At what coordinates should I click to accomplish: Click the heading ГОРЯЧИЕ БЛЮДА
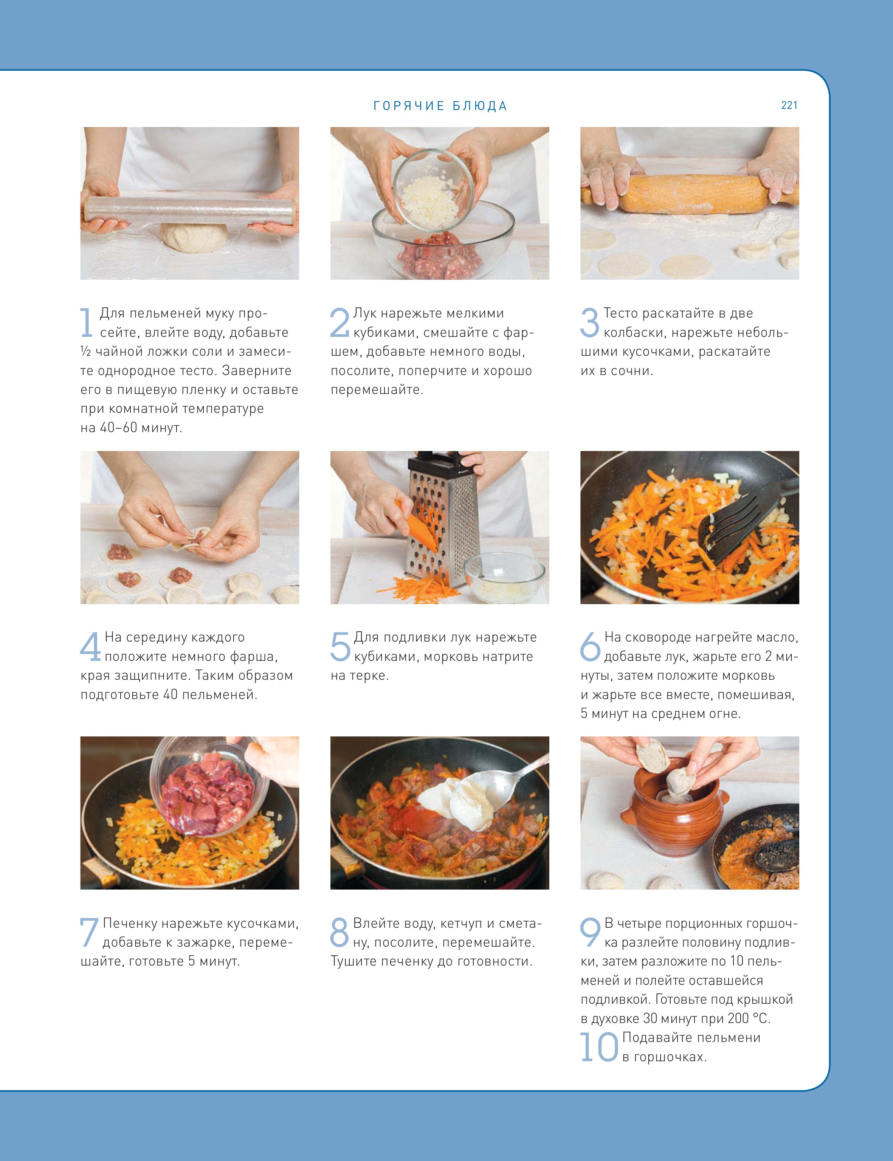pyautogui.click(x=440, y=106)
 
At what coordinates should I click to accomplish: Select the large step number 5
pyautogui.click(x=340, y=646)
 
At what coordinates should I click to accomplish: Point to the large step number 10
pyautogui.click(x=599, y=1047)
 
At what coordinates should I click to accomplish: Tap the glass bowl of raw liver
pyautogui.click(x=208, y=787)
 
